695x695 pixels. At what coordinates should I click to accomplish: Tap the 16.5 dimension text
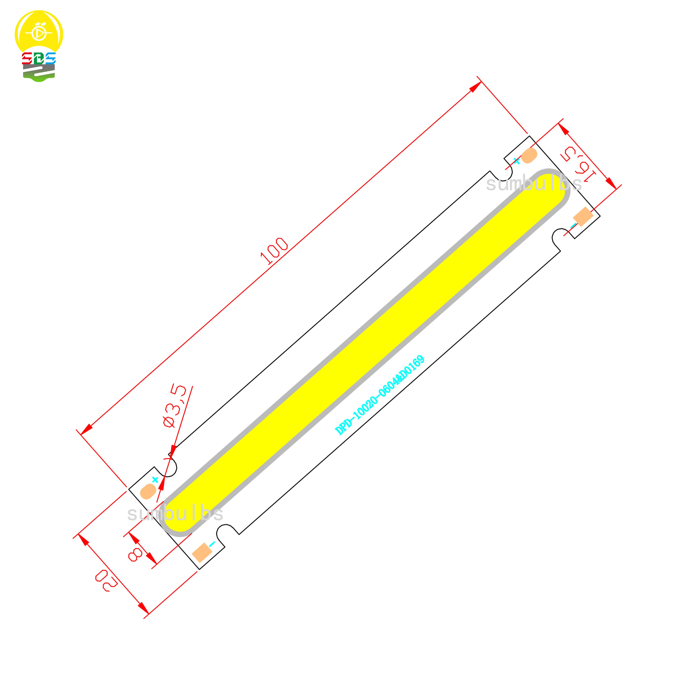click(x=578, y=164)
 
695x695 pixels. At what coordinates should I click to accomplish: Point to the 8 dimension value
click(x=136, y=554)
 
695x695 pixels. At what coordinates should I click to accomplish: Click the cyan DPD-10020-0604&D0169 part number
click(x=379, y=395)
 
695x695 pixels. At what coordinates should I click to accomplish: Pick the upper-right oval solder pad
click(x=529, y=155)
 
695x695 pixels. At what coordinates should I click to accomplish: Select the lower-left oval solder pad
click(x=148, y=491)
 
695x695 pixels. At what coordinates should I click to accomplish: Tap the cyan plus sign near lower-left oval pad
click(x=155, y=480)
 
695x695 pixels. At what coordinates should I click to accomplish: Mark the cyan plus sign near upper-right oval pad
click(x=517, y=161)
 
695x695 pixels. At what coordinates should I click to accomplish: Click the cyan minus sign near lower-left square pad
click(x=212, y=543)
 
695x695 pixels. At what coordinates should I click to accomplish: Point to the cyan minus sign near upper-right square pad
click(x=573, y=226)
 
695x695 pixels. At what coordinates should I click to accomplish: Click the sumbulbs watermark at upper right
click(x=534, y=184)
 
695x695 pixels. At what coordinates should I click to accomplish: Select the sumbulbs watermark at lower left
click(x=175, y=514)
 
